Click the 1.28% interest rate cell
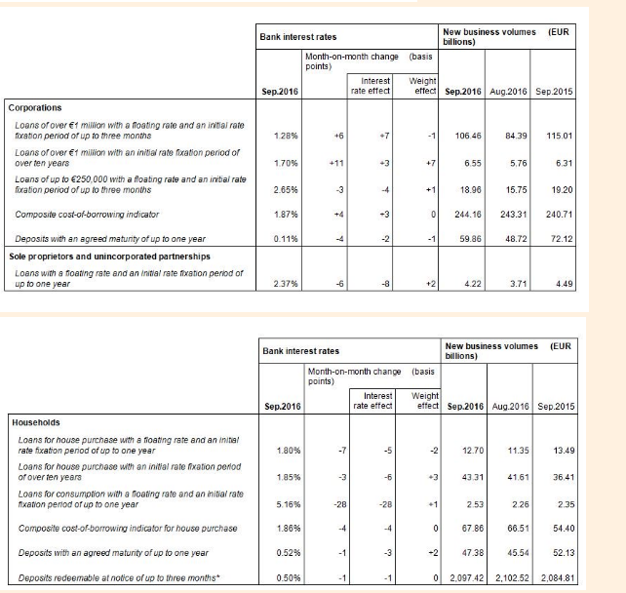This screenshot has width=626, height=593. [x=285, y=134]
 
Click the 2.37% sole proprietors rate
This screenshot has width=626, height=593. [x=285, y=285]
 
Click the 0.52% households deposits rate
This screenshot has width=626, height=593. [x=285, y=552]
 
